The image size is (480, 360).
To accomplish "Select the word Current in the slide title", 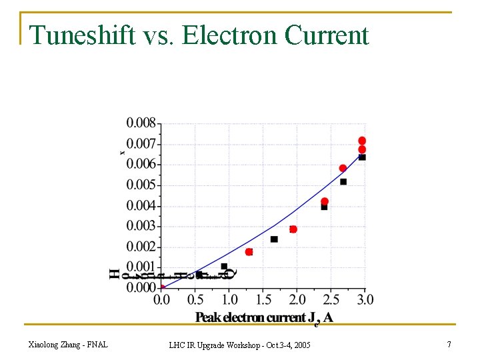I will pos(327,35).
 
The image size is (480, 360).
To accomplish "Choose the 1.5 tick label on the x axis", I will pos(263,299).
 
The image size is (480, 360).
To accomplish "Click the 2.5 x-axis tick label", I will pos(331,299).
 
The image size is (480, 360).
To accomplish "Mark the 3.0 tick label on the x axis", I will pos(365,299).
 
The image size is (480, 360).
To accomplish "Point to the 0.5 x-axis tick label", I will pos(195,299).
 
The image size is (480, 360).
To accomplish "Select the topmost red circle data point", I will pos(362,141).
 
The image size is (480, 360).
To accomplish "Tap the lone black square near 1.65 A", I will pos(274,239).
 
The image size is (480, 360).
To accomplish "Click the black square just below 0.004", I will pos(324,207).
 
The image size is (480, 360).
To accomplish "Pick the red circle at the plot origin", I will pos(162,288).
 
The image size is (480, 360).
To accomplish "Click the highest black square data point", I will pos(362,157).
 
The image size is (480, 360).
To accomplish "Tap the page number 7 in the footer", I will pos(449,344).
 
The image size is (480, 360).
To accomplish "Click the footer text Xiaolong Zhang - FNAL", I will pos(68,344).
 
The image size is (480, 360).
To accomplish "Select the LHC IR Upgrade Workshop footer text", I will pos(239,345).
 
